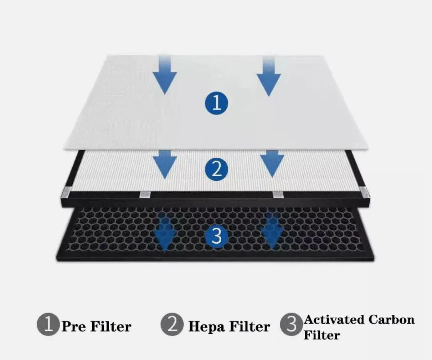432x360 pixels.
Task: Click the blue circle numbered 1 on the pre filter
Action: pyautogui.click(x=216, y=103)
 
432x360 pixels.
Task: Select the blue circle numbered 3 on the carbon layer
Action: pyautogui.click(x=216, y=235)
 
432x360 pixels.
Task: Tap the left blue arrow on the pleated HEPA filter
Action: pyautogui.click(x=165, y=164)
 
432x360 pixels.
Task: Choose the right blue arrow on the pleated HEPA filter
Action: pyautogui.click(x=272, y=164)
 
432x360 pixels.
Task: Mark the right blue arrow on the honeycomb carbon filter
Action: pyautogui.click(x=272, y=232)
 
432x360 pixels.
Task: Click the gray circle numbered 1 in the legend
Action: pyautogui.click(x=48, y=324)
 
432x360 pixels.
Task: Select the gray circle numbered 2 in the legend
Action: pyautogui.click(x=172, y=324)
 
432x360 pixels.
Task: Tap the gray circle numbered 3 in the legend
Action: pyautogui.click(x=291, y=325)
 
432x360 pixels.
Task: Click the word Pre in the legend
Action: pyautogui.click(x=74, y=326)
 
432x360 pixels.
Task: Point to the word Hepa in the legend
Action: pyautogui.click(x=206, y=326)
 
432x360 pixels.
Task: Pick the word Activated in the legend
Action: pyautogui.click(x=334, y=319)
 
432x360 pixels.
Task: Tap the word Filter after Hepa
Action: pyautogui.click(x=250, y=326)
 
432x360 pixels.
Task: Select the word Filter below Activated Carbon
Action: pyautogui.click(x=322, y=335)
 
